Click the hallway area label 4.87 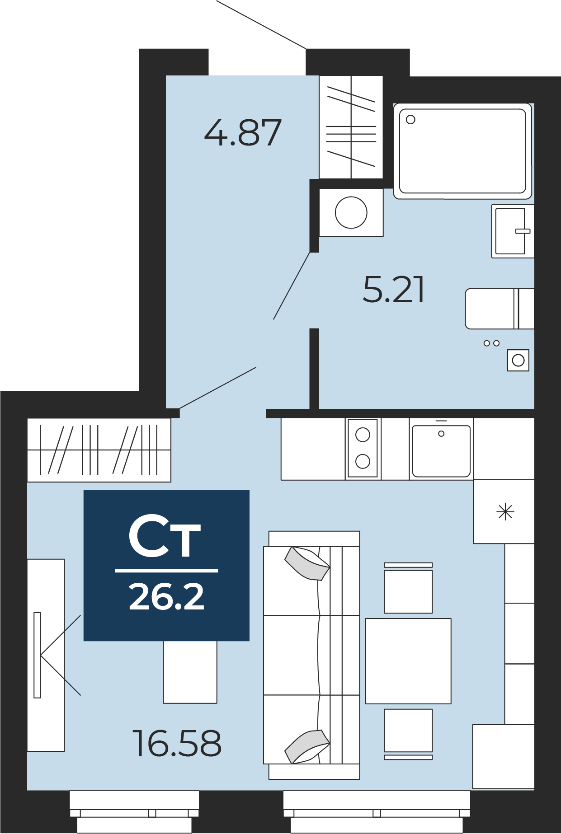(243, 133)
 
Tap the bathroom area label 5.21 (394, 290)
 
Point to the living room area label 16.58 (177, 743)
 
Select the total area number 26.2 (166, 597)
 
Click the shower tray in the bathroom (462, 151)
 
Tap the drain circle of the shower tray (410, 120)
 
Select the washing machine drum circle (351, 212)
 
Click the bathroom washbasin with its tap (513, 231)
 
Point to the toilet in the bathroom (500, 309)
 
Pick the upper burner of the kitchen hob (363, 435)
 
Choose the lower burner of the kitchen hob (363, 461)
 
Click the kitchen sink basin (441, 451)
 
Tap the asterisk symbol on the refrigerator (505, 512)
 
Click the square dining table (408, 661)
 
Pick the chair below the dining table (408, 734)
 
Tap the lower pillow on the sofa (307, 746)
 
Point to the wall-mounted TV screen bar (37, 655)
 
